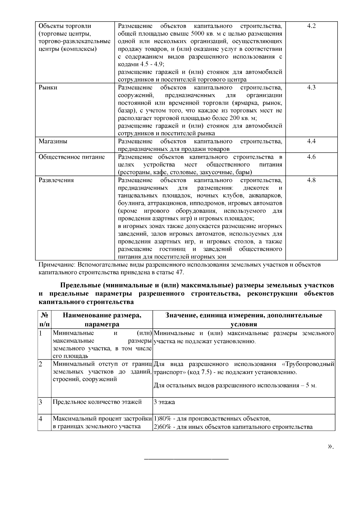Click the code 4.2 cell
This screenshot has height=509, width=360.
click(x=311, y=26)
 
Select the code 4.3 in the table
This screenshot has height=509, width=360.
click(x=311, y=88)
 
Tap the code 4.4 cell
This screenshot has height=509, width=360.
click(x=311, y=141)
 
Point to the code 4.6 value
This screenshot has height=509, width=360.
click(x=311, y=157)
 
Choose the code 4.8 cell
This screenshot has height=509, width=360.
click(x=311, y=180)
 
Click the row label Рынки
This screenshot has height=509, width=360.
click(x=48, y=88)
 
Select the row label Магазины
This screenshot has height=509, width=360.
click(x=53, y=141)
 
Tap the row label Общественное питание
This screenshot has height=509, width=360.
click(x=72, y=157)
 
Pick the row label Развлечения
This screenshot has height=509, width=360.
click(x=56, y=180)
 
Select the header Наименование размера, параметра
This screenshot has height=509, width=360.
click(x=102, y=320)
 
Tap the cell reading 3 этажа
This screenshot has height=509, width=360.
click(x=164, y=402)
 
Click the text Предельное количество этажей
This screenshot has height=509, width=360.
click(x=97, y=402)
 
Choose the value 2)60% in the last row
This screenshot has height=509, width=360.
click(x=162, y=427)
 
